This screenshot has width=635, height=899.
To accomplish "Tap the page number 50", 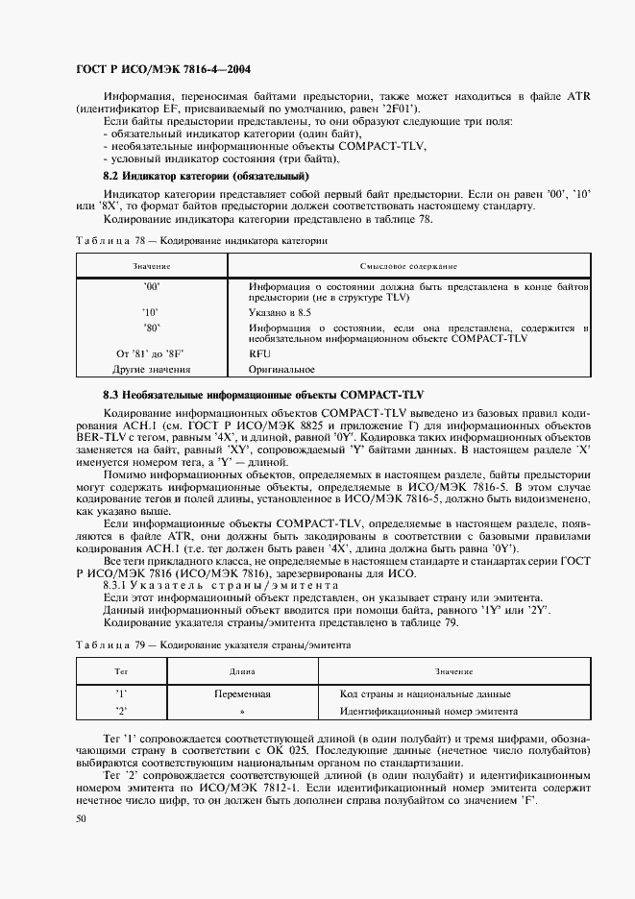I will click(80, 818).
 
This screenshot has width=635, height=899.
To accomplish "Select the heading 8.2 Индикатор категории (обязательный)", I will click(206, 177).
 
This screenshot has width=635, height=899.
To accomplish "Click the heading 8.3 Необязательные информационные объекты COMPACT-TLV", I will click(263, 395).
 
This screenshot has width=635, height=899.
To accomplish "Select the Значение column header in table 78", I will click(151, 265).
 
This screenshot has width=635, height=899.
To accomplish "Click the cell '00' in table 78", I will click(151, 286).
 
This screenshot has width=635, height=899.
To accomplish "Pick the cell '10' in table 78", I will click(151, 312).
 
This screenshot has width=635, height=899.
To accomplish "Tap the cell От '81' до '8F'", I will click(151, 353).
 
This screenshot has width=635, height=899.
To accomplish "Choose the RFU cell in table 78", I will click(259, 353).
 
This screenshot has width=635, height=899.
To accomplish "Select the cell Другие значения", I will click(151, 368).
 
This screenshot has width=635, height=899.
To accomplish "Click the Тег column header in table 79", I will click(121, 672).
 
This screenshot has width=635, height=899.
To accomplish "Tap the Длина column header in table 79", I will click(241, 672).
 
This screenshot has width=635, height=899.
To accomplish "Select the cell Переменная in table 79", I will click(241, 693).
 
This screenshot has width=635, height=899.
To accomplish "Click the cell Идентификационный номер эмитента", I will click(428, 711).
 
